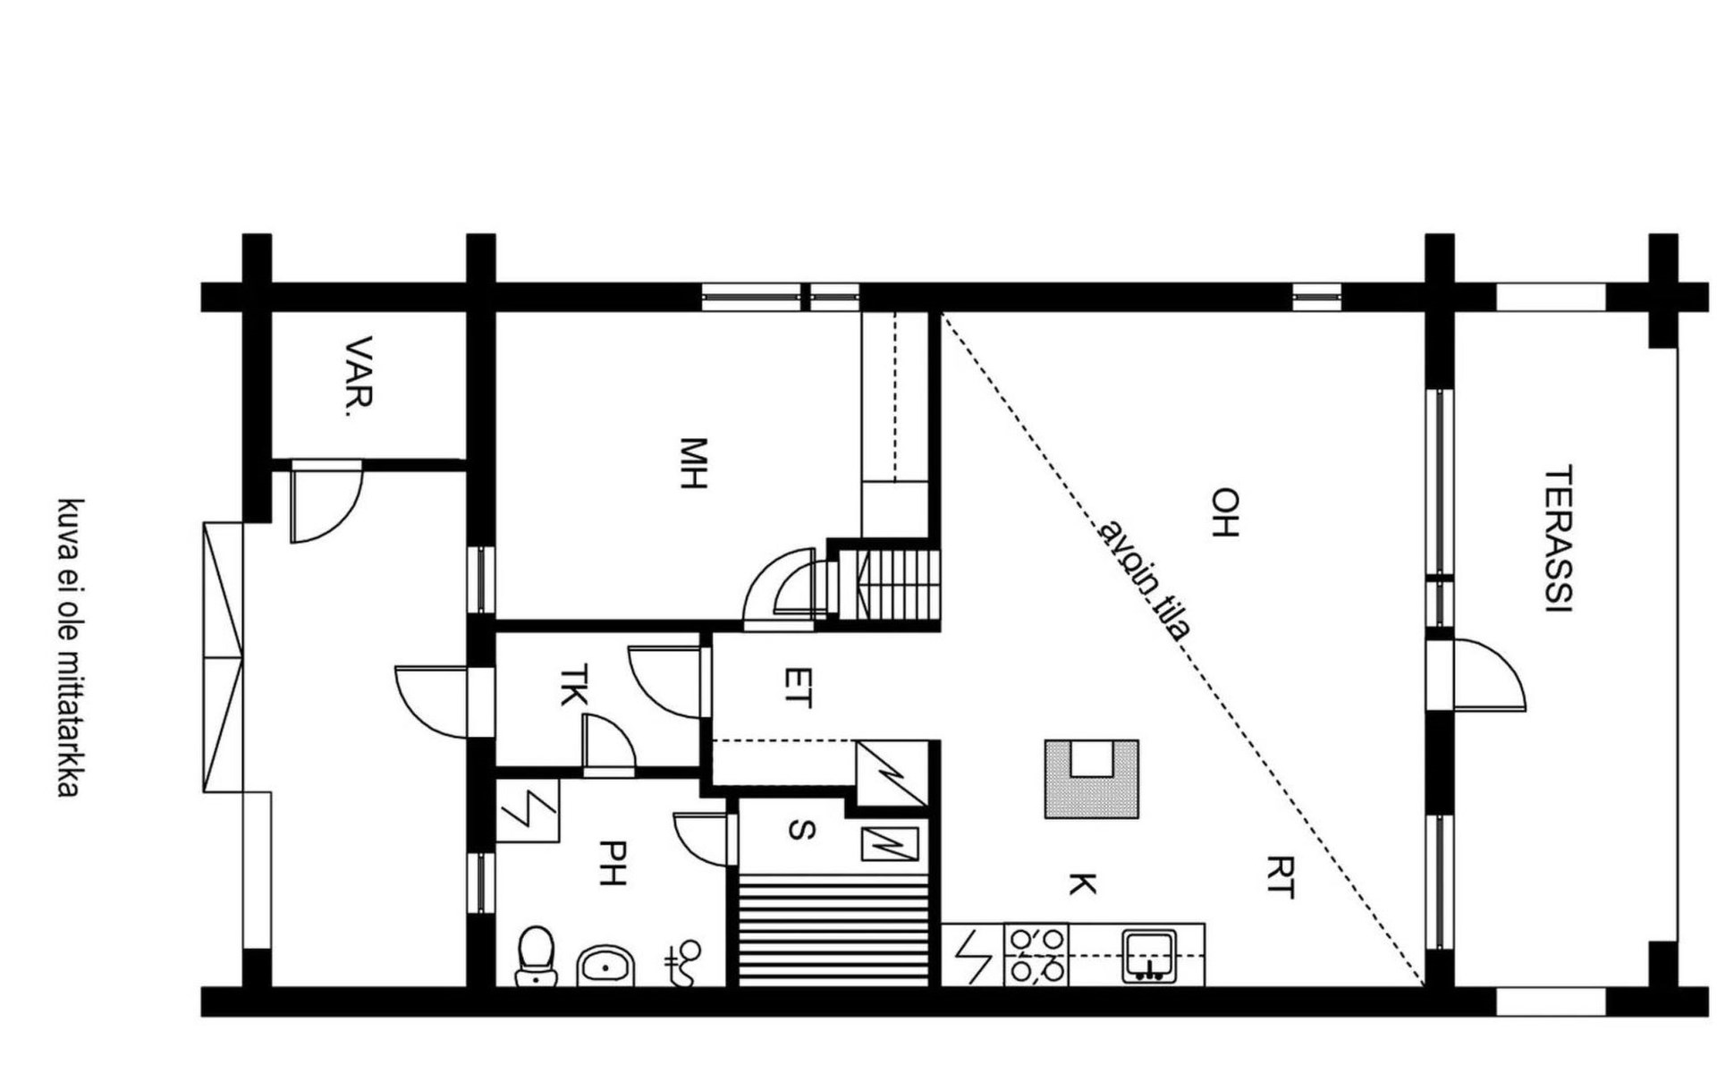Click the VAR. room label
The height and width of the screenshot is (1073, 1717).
click(359, 376)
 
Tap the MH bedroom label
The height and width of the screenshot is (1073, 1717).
click(693, 463)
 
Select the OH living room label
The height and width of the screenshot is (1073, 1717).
click(1224, 511)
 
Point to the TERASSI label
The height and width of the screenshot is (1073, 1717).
click(1559, 538)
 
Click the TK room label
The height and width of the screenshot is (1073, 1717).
click(573, 685)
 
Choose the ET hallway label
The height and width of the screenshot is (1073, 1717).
click(798, 688)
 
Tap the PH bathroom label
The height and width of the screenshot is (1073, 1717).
click(612, 863)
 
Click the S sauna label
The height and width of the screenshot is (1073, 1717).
click(801, 831)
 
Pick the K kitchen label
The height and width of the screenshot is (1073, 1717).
click(1082, 884)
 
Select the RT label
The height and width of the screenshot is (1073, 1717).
click(1280, 876)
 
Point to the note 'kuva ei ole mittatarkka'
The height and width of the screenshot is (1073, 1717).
click(70, 647)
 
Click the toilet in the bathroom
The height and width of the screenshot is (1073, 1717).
click(537, 956)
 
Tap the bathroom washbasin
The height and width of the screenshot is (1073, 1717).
click(606, 966)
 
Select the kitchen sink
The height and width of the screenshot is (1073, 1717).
click(1150, 956)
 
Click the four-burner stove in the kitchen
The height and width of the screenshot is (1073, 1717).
click(1036, 955)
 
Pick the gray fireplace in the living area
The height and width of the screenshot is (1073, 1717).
click(1092, 779)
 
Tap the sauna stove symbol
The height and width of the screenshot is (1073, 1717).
click(889, 843)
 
